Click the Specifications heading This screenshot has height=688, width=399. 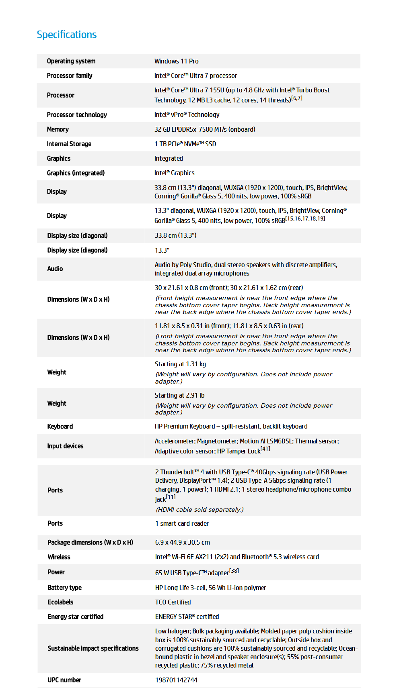[67, 35]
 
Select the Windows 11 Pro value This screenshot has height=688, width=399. [176, 61]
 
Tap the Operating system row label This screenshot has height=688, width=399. [71, 61]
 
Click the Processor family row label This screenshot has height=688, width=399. [70, 76]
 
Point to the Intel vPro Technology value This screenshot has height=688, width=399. [187, 115]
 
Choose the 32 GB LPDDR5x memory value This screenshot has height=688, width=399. [205, 129]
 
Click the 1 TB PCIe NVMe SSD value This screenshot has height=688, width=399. [185, 144]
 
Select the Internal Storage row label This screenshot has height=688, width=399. [69, 144]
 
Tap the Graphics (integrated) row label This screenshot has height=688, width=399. [76, 173]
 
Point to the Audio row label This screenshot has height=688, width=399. [55, 269]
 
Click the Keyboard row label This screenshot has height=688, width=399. [60, 427]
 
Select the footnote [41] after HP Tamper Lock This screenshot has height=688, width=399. [265, 449]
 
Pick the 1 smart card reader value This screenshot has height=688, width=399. [182, 524]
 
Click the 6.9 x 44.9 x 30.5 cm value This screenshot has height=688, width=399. [183, 543]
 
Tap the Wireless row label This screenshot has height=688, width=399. [59, 557]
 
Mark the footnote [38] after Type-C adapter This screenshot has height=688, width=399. [234, 571]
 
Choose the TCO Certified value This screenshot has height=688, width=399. [173, 602]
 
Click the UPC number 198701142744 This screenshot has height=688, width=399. [176, 680]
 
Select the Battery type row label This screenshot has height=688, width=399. [64, 588]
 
